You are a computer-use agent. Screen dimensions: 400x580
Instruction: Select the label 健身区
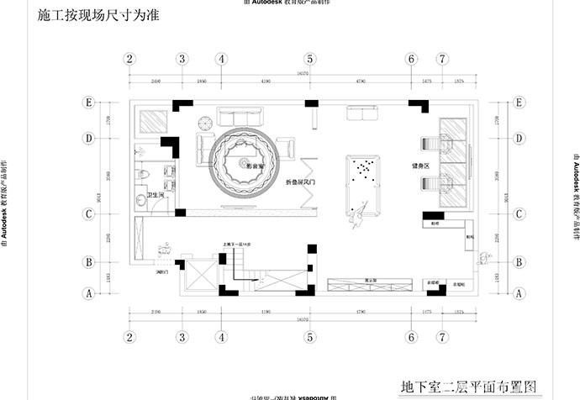tap(420, 166)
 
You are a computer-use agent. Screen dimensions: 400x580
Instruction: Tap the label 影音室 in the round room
tap(255, 166)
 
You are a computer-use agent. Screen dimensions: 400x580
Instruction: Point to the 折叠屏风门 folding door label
tap(300, 182)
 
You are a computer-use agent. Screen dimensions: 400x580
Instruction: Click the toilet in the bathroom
tap(143, 173)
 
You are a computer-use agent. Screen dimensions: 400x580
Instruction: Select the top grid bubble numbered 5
tap(310, 59)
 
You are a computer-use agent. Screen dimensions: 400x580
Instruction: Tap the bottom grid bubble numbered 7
tap(442, 337)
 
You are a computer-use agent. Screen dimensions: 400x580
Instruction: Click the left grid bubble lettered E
tap(87, 102)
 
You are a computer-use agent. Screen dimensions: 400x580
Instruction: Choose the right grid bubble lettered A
tap(519, 294)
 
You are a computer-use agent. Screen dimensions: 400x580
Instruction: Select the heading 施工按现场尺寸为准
tap(99, 14)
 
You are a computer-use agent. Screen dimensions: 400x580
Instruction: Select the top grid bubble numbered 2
tap(129, 59)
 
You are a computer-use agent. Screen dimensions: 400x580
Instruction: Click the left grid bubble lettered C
tap(87, 213)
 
